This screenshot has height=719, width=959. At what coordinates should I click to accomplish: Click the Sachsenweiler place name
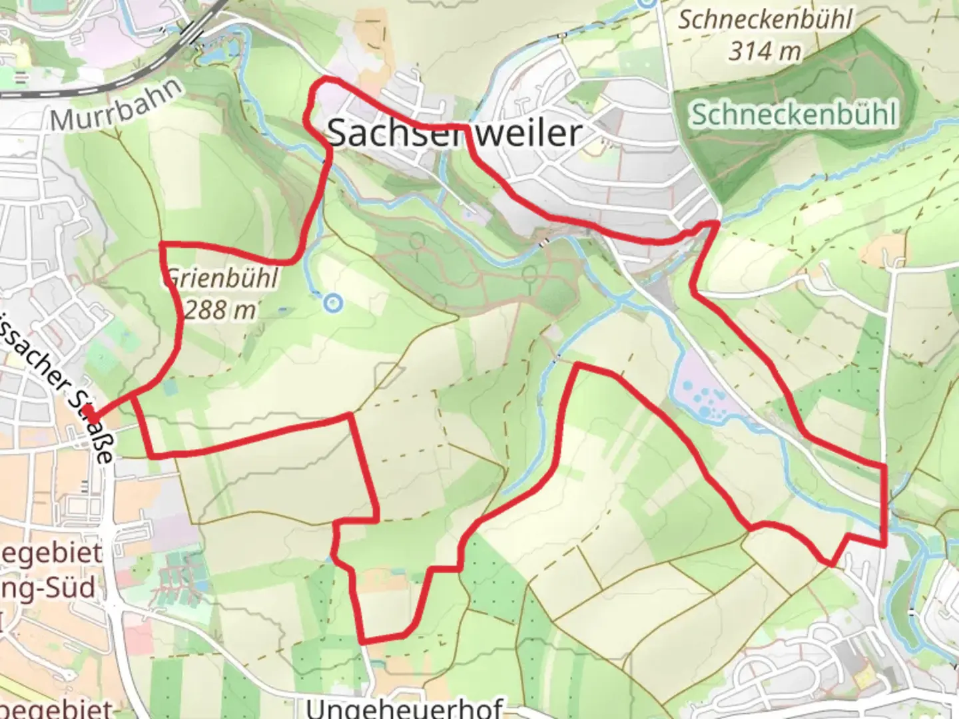pos(455,132)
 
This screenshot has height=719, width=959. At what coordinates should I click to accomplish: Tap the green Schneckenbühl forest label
pos(793,115)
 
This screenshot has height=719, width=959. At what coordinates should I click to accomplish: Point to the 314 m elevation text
pos(764,51)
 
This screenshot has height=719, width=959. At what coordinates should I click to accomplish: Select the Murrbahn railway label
pos(117,105)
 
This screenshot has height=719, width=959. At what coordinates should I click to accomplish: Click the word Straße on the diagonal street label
pos(97,433)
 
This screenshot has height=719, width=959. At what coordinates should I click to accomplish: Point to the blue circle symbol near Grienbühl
pos(332,304)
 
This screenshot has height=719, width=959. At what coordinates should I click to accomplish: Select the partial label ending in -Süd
pos(49,589)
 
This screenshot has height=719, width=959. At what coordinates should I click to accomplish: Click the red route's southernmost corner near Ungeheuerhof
pos(364,641)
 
